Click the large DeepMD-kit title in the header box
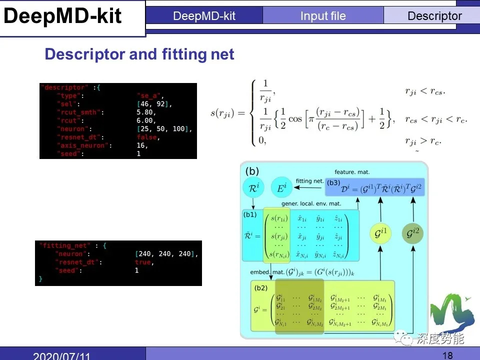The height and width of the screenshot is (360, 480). pyautogui.click(x=63, y=16)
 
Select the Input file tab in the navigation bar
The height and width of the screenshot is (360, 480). pyautogui.click(x=323, y=16)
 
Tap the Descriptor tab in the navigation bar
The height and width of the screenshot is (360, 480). pyautogui.click(x=434, y=16)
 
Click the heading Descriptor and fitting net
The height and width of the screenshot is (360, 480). pyautogui.click(x=139, y=54)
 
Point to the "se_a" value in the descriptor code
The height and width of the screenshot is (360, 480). pyautogui.click(x=150, y=95)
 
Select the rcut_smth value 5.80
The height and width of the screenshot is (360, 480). pyautogui.click(x=146, y=112)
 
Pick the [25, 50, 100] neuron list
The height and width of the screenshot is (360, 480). pyautogui.click(x=164, y=129)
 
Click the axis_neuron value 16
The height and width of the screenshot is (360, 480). pyautogui.click(x=142, y=145)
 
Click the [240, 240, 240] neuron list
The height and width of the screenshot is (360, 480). pyautogui.click(x=166, y=254)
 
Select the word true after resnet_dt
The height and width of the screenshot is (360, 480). pyautogui.click(x=143, y=262)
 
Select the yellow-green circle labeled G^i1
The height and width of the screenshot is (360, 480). pyautogui.click(x=380, y=233)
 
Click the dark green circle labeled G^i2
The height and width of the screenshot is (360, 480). pyautogui.click(x=412, y=233)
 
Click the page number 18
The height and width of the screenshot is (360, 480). pyautogui.click(x=447, y=355)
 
